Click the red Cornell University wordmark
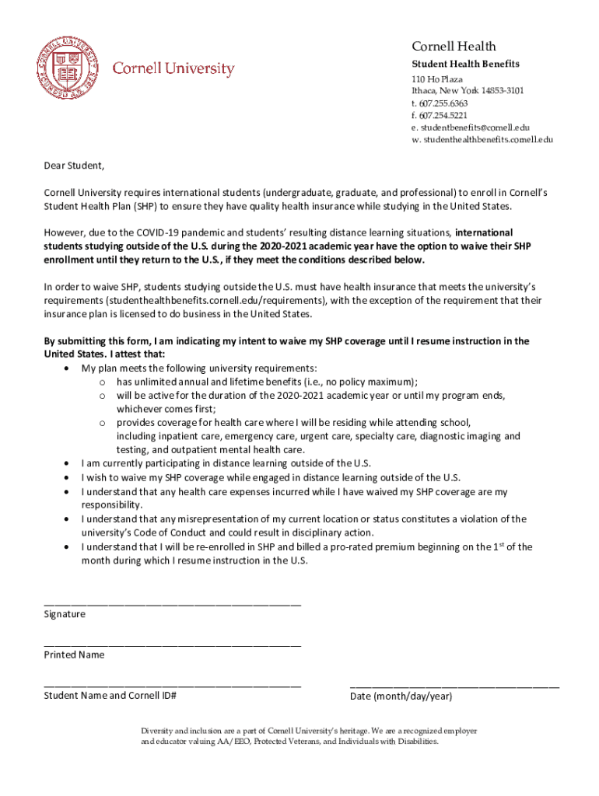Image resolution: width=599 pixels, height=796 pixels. (x=173, y=69)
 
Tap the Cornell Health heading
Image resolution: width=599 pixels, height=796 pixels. (x=454, y=47)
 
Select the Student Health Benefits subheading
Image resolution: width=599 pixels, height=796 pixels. (x=465, y=64)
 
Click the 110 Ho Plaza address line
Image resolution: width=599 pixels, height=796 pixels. (x=437, y=79)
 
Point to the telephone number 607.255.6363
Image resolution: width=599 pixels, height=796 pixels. (x=440, y=103)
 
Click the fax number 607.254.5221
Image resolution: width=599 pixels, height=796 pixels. (x=440, y=115)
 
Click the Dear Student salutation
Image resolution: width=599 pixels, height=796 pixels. (x=74, y=166)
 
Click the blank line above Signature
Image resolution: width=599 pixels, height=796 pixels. (x=173, y=603)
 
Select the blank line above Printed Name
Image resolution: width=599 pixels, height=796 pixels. (x=173, y=644)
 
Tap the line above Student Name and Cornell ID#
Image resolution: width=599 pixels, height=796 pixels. (x=173, y=685)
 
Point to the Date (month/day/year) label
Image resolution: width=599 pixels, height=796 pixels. (x=401, y=696)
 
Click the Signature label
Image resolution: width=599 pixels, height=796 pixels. (x=65, y=614)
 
